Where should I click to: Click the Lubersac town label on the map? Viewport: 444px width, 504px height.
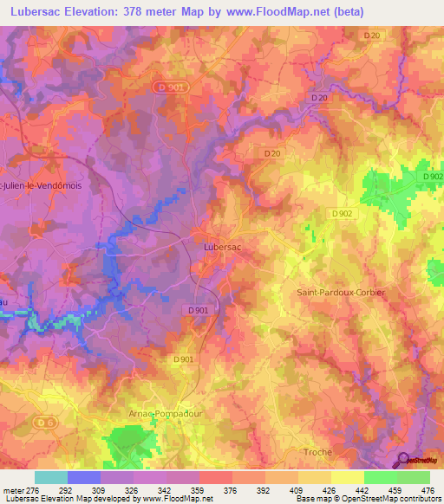click(x=221, y=247)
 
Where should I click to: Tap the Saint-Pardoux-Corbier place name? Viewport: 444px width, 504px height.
click(x=341, y=293)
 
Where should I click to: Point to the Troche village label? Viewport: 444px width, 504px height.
click(x=317, y=452)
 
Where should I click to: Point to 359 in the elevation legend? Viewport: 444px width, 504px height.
click(x=199, y=490)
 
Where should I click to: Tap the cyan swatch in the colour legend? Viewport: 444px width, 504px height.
click(x=51, y=477)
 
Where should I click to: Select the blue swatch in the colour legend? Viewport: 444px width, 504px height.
click(x=84, y=477)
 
